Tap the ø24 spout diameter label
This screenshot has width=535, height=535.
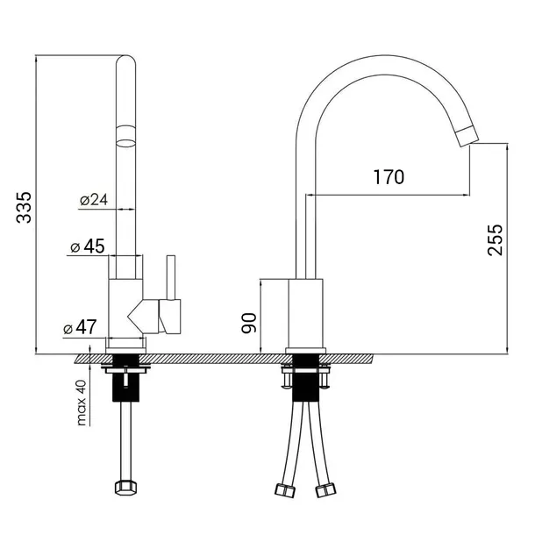click(93, 200)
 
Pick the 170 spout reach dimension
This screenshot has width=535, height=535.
click(387, 178)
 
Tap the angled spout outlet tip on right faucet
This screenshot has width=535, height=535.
click(466, 134)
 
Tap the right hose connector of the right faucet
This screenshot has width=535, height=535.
click(328, 489)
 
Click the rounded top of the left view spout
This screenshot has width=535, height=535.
click(126, 66)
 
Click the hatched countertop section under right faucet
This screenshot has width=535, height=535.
click(351, 359)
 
